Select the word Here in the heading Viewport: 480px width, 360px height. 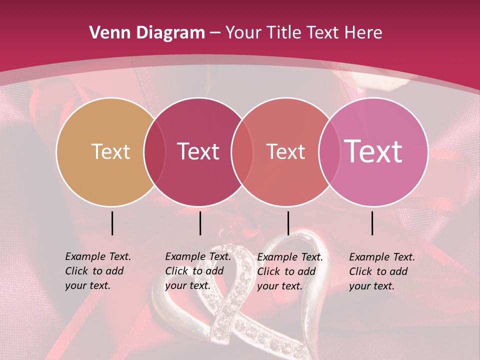tap(366, 33)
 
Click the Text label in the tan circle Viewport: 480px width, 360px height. tap(110, 151)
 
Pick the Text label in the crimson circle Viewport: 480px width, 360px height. tap(198, 151)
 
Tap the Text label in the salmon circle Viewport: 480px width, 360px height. tap(285, 151)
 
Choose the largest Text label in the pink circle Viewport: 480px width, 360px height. tap(373, 151)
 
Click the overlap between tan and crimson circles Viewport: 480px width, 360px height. tap(154, 151)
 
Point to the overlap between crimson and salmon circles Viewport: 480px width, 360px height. tap(242, 151)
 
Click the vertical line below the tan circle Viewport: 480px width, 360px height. tap(112, 223)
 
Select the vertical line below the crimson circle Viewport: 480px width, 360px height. tap(200, 223)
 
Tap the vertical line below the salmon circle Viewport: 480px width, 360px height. tap(288, 223)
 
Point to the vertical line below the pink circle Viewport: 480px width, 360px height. tap(372, 223)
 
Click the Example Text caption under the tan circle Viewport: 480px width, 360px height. tap(97, 271)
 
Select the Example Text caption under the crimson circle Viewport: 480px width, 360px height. tap(197, 271)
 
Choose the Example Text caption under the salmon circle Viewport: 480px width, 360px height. tap(289, 271)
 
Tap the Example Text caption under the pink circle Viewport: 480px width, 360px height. tap(381, 271)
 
